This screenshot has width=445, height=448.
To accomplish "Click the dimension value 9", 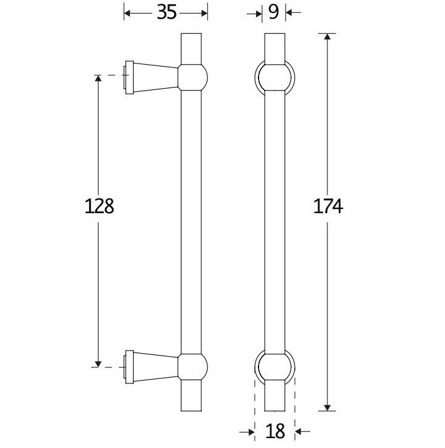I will (x=274, y=12).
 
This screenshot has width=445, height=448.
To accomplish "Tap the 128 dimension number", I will (x=99, y=206).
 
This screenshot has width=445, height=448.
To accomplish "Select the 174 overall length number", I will (x=326, y=206).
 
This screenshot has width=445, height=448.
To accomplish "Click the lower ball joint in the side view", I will (x=193, y=366).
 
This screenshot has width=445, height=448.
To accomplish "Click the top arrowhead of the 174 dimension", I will (x=327, y=36).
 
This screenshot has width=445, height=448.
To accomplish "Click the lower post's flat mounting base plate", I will (x=129, y=367).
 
